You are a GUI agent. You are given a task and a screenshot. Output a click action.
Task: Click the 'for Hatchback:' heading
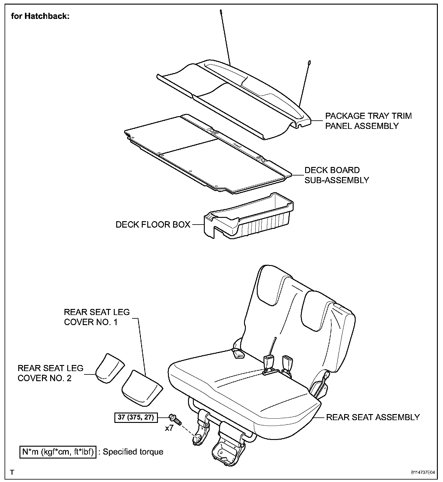[40, 16]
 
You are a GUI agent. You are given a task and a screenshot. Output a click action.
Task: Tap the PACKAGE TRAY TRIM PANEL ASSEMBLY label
[368, 121]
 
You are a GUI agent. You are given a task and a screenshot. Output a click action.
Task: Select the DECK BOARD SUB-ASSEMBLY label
[337, 175]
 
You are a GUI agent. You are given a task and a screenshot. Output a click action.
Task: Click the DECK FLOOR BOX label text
[153, 225]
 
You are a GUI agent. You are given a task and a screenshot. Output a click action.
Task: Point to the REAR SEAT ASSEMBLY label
[373, 417]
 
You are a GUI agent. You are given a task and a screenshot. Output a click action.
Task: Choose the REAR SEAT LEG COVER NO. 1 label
[97, 317]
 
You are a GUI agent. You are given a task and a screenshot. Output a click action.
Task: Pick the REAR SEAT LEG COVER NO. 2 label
[51, 373]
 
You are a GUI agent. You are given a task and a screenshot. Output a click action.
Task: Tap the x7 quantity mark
[169, 428]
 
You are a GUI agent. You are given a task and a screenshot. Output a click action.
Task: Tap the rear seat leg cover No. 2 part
[109, 368]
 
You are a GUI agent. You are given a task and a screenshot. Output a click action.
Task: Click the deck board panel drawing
[207, 152]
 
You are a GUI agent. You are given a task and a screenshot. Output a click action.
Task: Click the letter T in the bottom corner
[12, 473]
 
